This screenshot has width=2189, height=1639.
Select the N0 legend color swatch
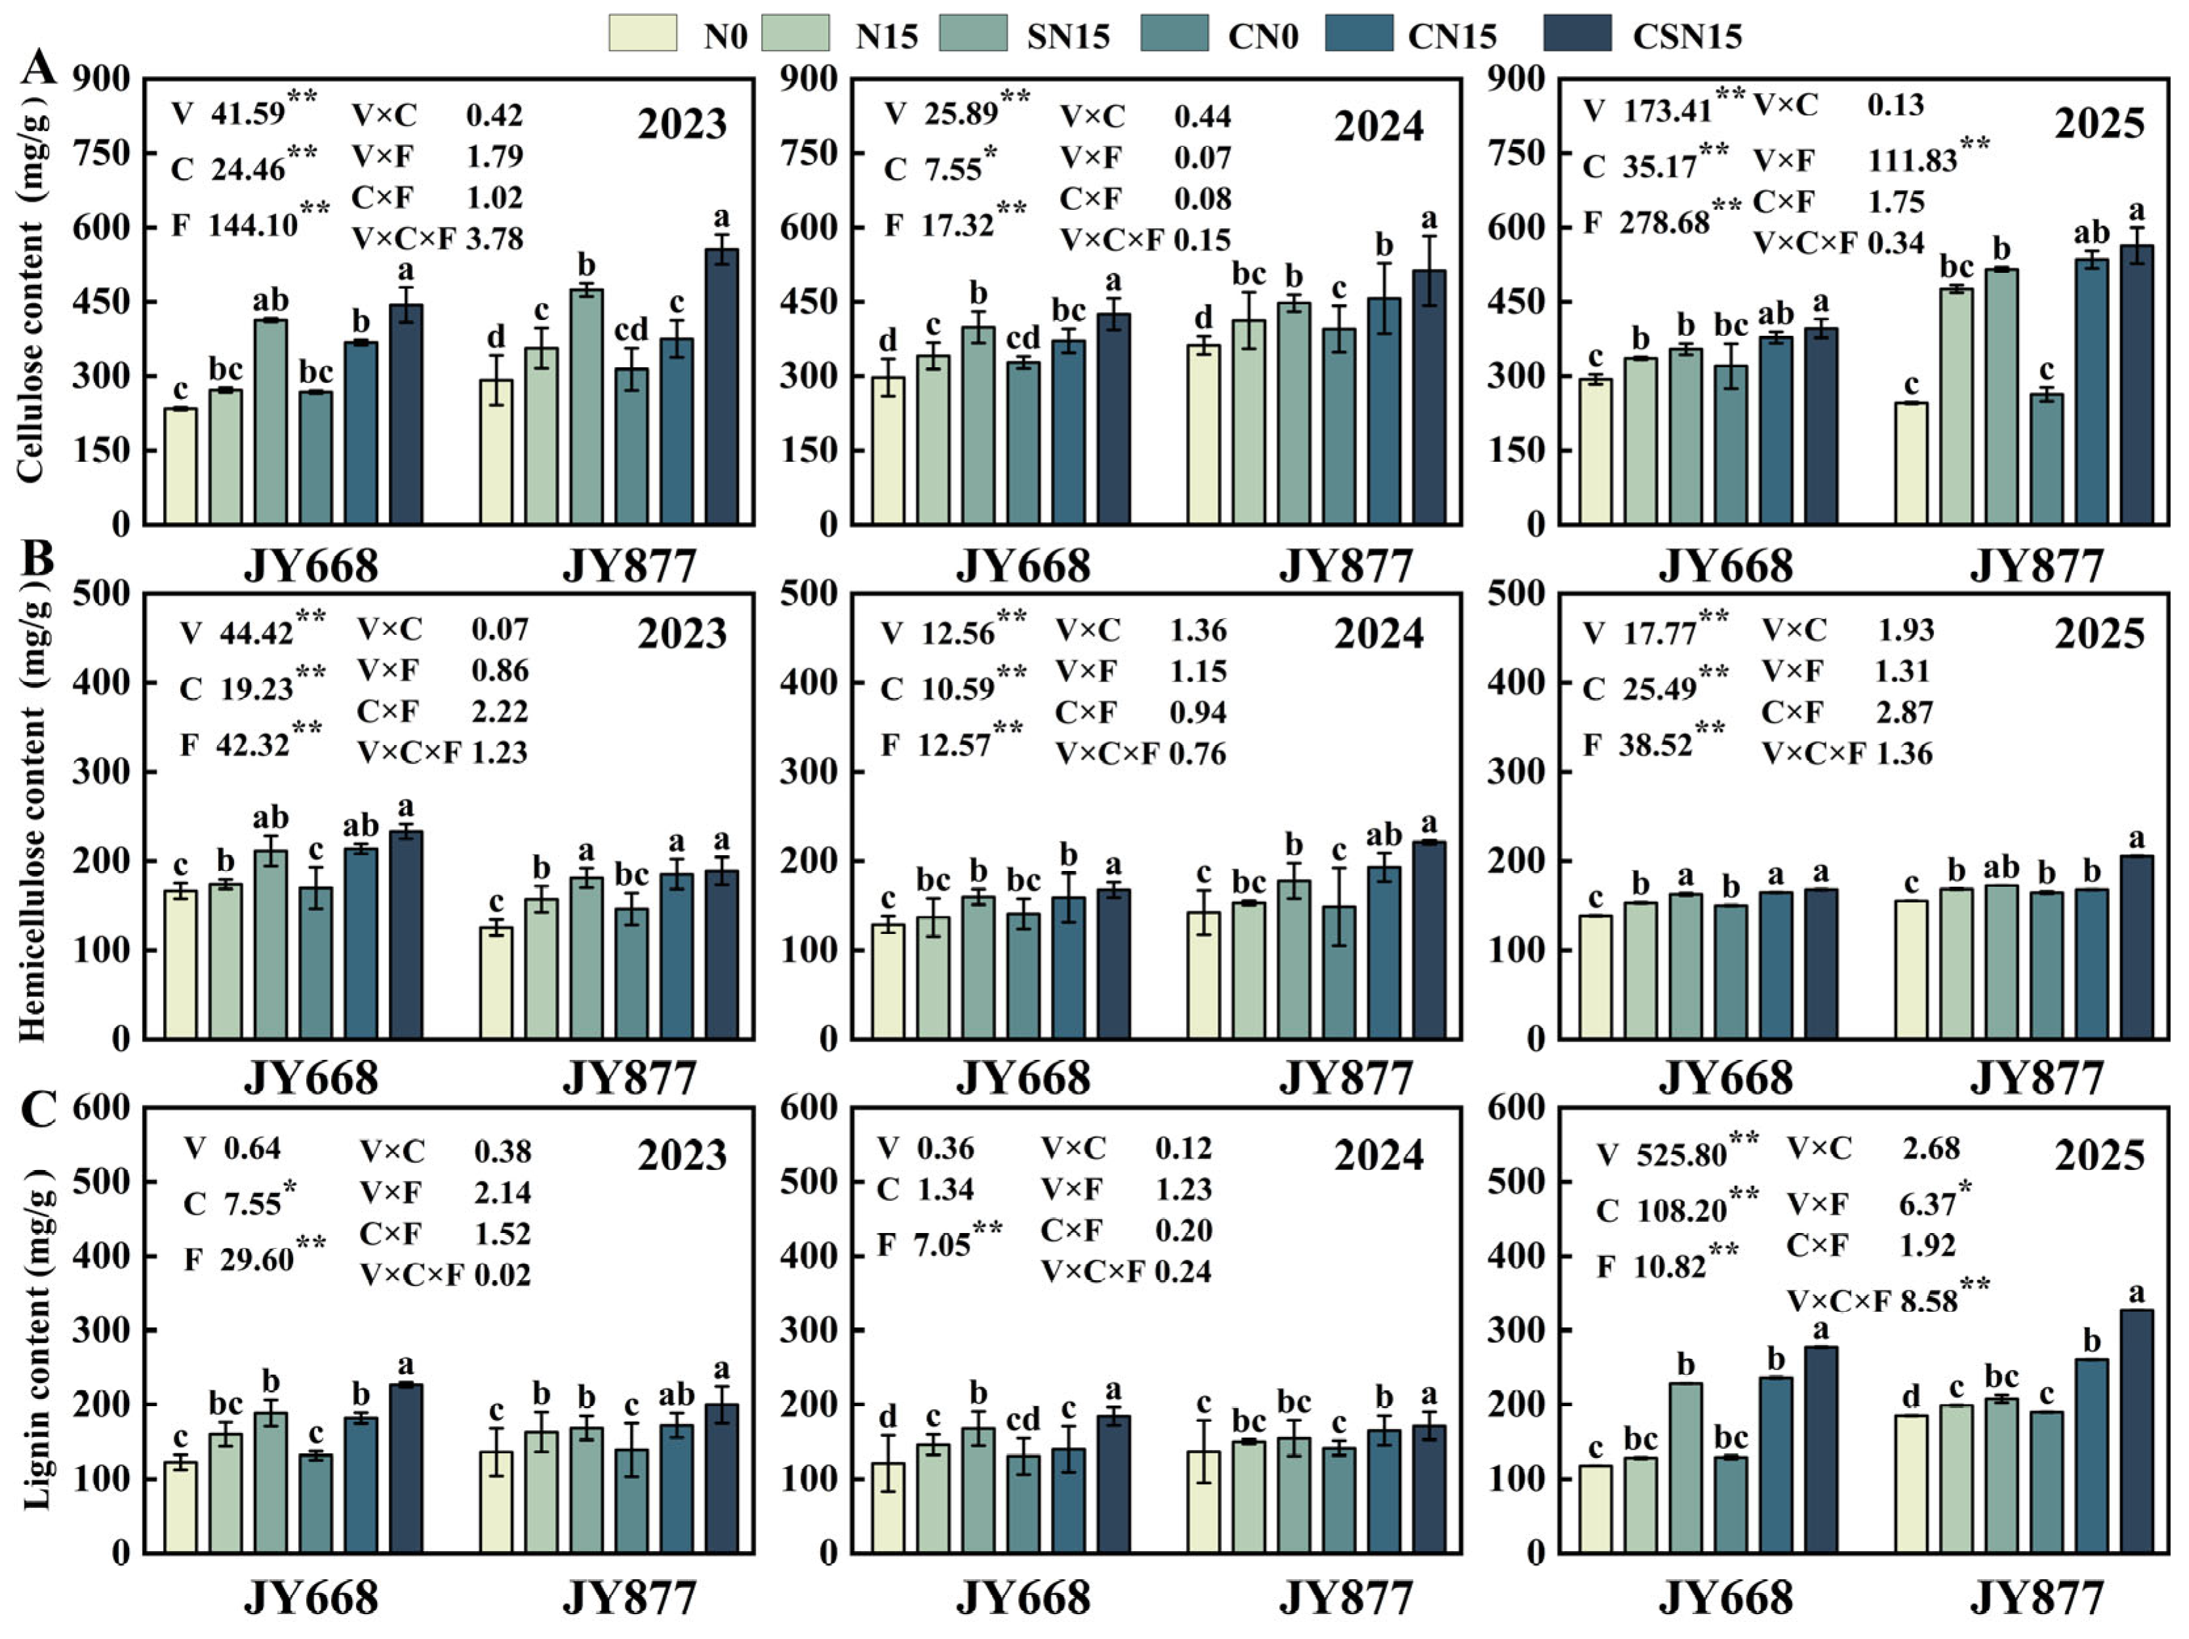coord(642,33)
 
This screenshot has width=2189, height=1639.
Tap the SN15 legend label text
coord(1068,37)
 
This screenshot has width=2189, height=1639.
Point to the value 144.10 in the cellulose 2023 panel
coord(252,225)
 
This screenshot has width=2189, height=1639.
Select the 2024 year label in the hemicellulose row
coord(1379,634)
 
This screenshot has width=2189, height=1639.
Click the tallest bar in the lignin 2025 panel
coord(2137,1430)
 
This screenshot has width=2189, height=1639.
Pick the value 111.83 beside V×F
coord(1912,159)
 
